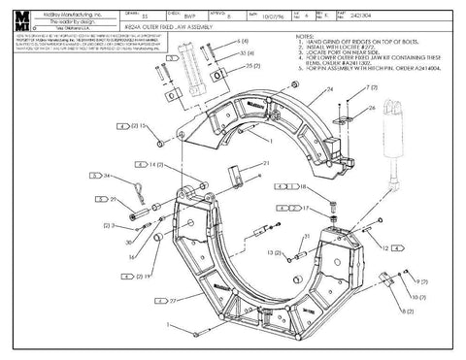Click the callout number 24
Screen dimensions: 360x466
pyautogui.click(x=329, y=88)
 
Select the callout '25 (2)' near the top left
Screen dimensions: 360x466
pyautogui.click(x=253, y=69)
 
